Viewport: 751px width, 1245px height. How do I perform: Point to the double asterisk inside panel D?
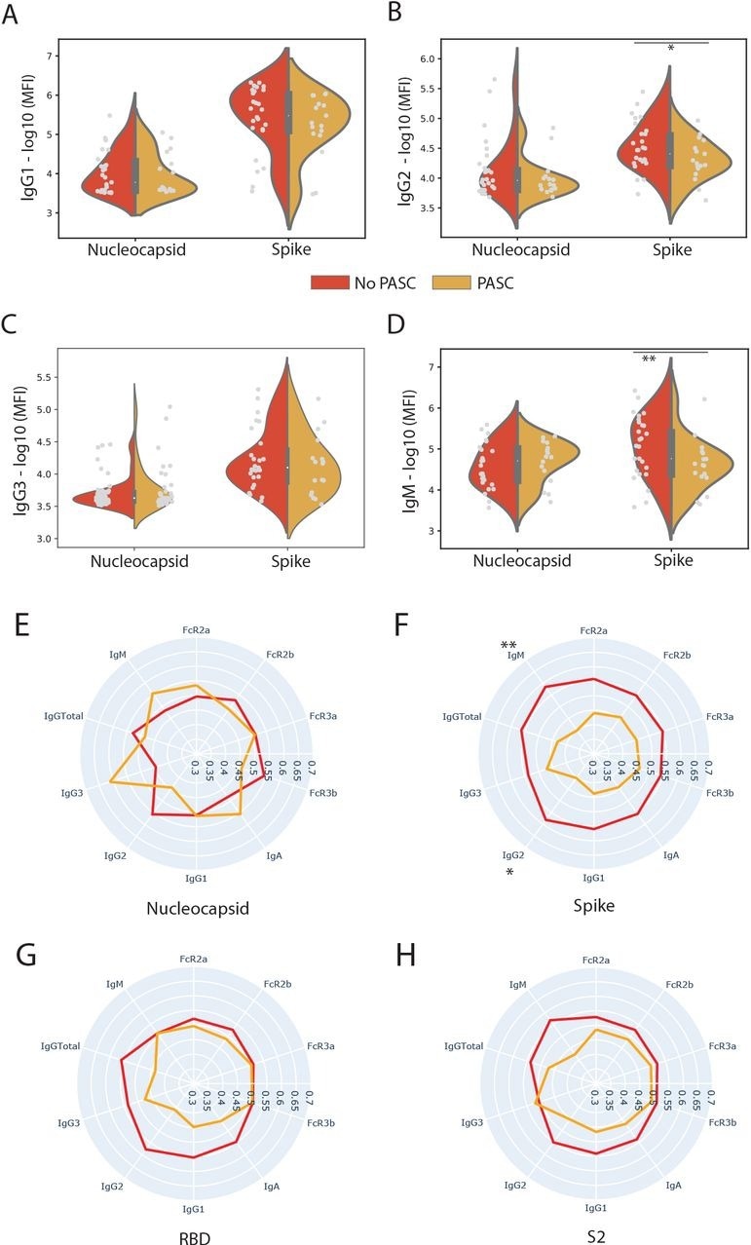coord(649,359)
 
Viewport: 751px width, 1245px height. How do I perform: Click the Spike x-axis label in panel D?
coord(670,561)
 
